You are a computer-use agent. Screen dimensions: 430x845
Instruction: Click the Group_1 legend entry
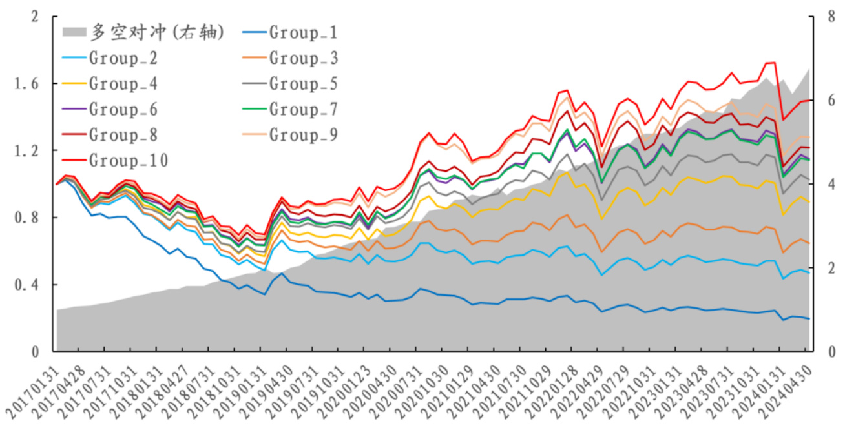pos(303,32)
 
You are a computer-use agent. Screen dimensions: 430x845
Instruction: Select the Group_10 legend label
pos(128,160)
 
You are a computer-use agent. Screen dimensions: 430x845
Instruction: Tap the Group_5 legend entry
pos(303,83)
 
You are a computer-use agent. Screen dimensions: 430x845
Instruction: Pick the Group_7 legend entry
pos(303,109)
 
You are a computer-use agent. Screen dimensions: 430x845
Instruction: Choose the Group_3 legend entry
pos(303,58)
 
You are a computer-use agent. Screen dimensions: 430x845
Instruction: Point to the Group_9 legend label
pos(303,135)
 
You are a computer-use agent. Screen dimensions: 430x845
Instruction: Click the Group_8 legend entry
pos(123,135)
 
